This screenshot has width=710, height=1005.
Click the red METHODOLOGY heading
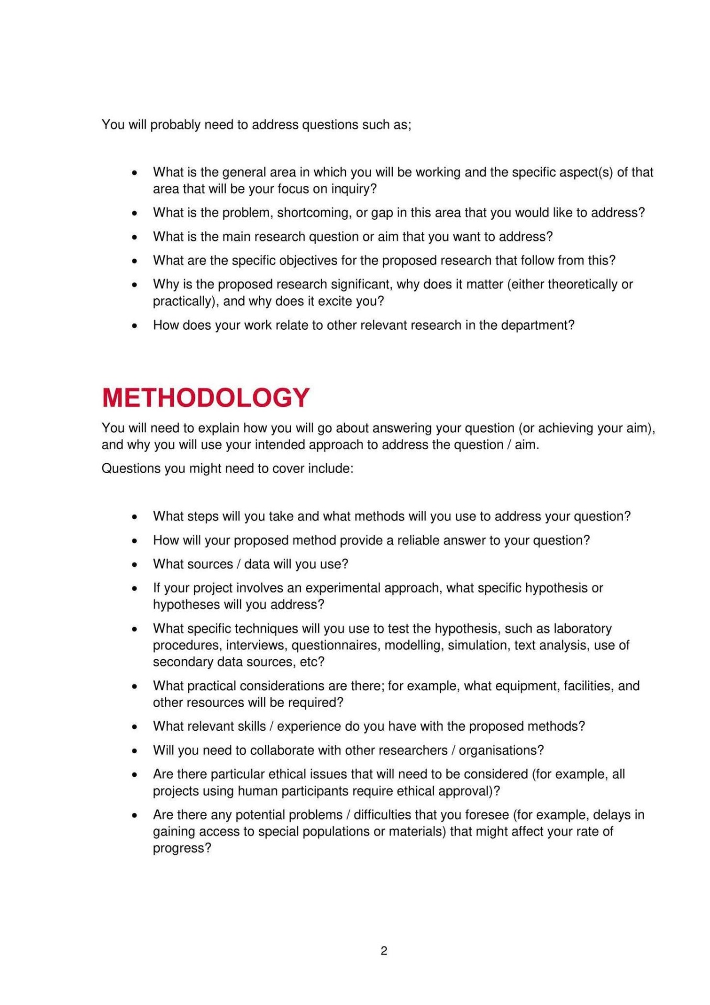(x=206, y=398)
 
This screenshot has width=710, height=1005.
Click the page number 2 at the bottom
(x=384, y=951)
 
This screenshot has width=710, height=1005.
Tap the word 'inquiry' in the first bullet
(x=353, y=189)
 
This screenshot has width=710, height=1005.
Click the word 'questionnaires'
(x=336, y=645)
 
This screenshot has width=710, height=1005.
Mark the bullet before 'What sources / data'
(x=135, y=565)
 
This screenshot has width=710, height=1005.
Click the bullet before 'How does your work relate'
(x=135, y=326)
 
